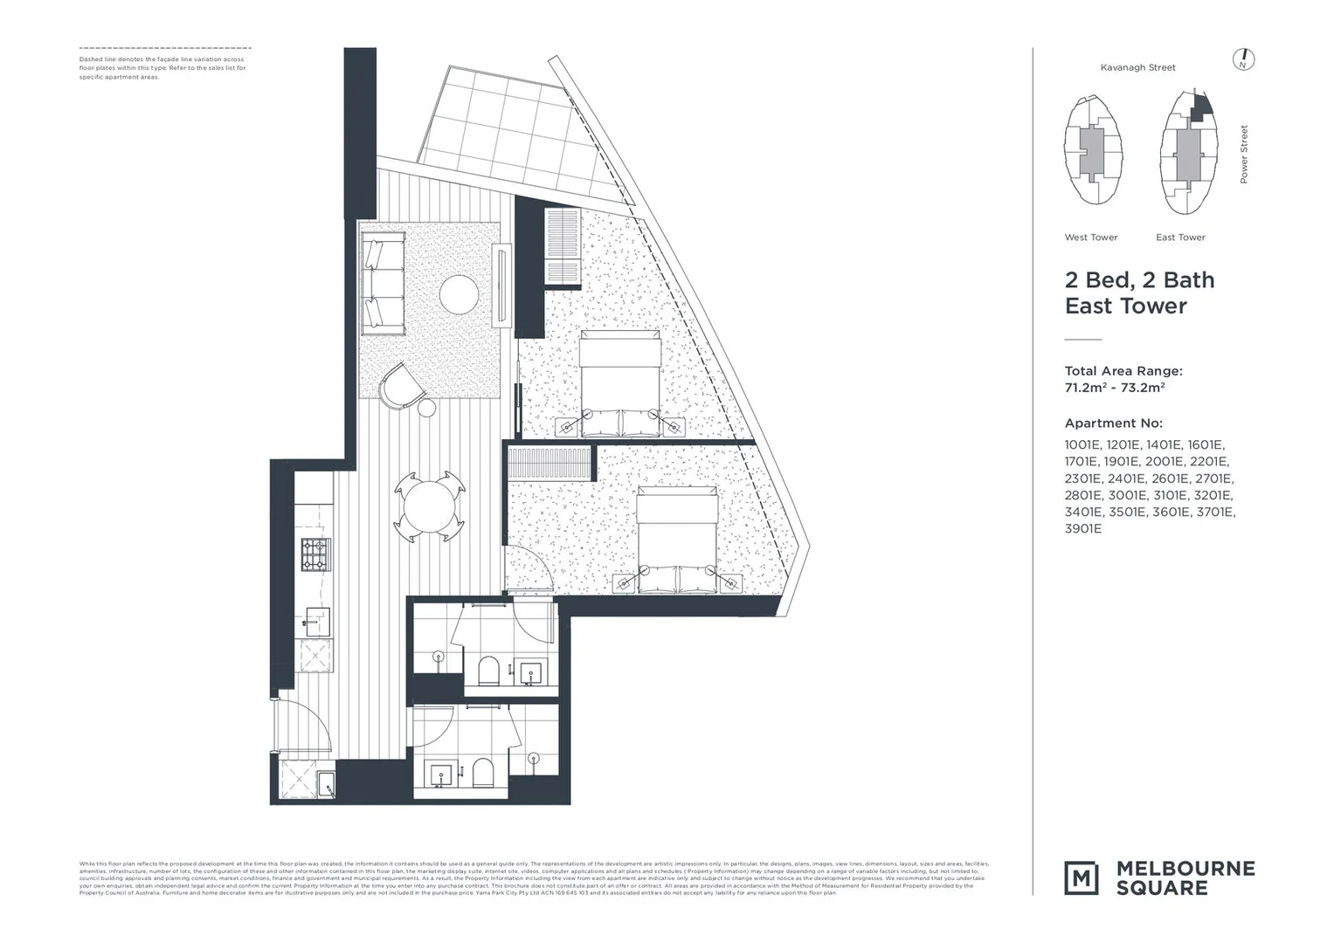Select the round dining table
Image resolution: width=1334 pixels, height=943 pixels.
click(x=427, y=506)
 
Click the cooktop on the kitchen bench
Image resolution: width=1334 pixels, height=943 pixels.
click(x=315, y=554)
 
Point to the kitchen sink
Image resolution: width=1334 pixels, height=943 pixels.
click(x=316, y=623)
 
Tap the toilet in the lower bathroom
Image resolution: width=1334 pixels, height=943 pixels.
click(x=482, y=772)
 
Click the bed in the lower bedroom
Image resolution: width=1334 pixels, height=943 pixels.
click(x=678, y=539)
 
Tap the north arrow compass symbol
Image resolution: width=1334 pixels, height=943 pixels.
click(x=1244, y=60)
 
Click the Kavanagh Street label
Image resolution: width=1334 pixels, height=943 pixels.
click(x=1137, y=67)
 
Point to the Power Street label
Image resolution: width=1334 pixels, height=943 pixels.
click(x=1244, y=155)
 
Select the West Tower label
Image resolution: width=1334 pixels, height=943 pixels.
click(x=1090, y=237)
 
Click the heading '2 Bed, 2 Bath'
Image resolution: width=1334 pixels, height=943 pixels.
click(x=1139, y=280)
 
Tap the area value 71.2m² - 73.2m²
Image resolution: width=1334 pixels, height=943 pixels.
click(x=1115, y=388)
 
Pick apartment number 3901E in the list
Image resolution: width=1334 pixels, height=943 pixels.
click(x=1082, y=529)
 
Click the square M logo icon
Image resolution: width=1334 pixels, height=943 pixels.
click(x=1081, y=878)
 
